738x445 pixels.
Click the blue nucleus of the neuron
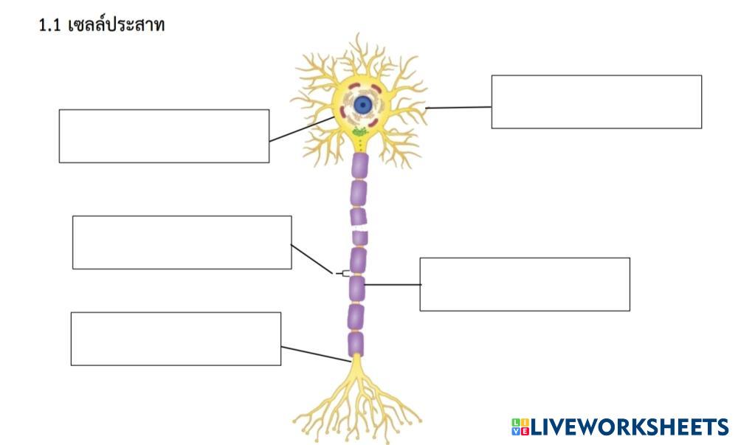click(362, 105)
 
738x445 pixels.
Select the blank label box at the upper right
click(596, 102)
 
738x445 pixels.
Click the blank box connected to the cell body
click(164, 136)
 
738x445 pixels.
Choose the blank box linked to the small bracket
click(182, 242)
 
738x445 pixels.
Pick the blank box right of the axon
click(525, 284)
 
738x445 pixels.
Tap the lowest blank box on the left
click(176, 339)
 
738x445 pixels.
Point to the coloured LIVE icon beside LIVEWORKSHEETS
click(518, 427)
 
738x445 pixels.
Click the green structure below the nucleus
click(360, 133)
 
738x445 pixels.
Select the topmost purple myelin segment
click(359, 165)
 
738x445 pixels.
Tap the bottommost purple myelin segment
click(356, 344)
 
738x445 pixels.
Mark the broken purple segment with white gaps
click(359, 227)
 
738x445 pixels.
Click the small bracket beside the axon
click(345, 273)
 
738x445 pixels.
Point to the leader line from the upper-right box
click(458, 108)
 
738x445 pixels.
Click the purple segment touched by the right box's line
click(357, 288)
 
